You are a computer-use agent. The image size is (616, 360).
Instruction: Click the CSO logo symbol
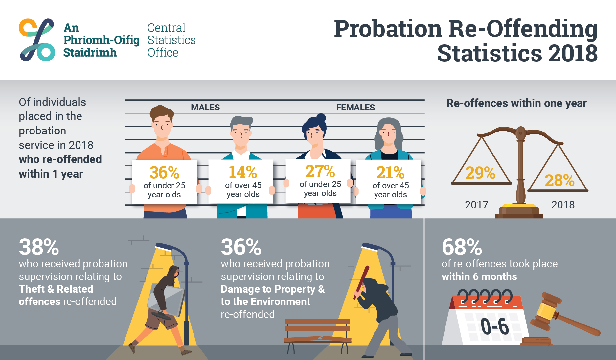pos(37,40)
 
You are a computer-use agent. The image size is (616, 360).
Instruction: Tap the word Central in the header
pos(166,28)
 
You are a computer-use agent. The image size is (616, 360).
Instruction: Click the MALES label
pos(205,108)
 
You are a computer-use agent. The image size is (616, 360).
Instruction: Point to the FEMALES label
pos(355,108)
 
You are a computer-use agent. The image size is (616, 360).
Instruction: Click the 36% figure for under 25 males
pos(164,173)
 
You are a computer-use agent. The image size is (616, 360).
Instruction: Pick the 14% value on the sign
pos(243,172)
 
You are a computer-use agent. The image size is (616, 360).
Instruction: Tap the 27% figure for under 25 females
pos(320,171)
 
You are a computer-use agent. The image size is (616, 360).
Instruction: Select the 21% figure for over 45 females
pos(390,173)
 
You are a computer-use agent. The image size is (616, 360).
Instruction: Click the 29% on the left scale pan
pos(480,173)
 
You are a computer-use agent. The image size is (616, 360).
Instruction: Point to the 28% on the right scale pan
pos(559,180)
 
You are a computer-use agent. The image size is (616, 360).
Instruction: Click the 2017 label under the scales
pos(476,205)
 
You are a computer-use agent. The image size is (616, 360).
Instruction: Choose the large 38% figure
pos(39,247)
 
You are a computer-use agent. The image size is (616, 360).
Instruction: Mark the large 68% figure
pos(462,247)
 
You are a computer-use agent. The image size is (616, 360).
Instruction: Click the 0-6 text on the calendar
pos(494,326)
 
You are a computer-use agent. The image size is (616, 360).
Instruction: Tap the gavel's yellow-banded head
pos(545,311)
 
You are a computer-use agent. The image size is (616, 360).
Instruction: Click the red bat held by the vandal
pos(361,283)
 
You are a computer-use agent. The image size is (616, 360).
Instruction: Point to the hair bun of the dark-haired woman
pos(321,117)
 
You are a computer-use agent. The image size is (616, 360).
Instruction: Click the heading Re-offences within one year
pos(516,103)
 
